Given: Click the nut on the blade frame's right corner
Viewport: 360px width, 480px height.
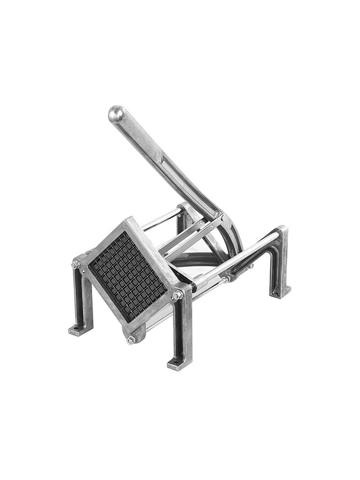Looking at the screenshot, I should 176,295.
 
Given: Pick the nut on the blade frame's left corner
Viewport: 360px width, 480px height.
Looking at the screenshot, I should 76,265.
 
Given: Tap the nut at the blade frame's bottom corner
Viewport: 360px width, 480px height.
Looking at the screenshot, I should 130,339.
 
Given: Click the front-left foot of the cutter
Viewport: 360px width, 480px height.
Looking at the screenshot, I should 78,329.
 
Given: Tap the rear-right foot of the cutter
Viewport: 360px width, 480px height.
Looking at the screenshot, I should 281,291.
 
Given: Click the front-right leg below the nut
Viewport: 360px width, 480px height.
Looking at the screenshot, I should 181,331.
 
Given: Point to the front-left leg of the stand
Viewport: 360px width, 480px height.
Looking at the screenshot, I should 81,298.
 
